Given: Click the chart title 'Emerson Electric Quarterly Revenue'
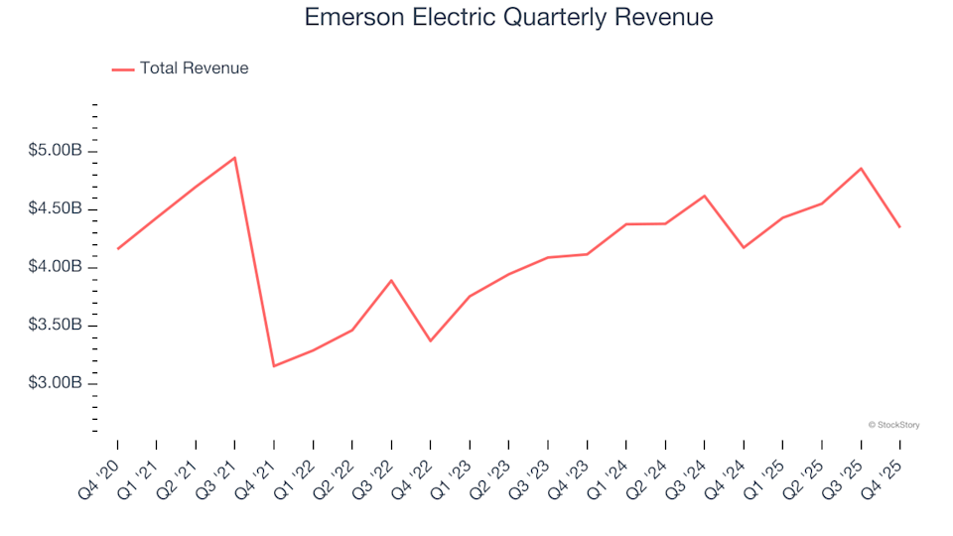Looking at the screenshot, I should tap(508, 18).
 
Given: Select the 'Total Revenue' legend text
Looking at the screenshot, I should tap(194, 68).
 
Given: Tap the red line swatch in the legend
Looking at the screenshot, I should tap(123, 69).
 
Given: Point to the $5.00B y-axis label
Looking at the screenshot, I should tap(55, 151).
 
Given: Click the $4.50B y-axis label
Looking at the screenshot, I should tap(55, 209).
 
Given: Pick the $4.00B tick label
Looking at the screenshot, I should tap(55, 267).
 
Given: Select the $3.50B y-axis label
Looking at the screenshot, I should tap(55, 326).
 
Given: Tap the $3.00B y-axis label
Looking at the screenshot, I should tap(55, 383).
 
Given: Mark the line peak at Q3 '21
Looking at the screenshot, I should tap(234, 158).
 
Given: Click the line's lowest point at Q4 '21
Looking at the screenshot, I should tap(274, 366).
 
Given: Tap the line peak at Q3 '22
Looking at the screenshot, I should tap(391, 280).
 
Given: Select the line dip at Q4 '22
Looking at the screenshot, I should tap(430, 340).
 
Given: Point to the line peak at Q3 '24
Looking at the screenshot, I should tap(704, 196).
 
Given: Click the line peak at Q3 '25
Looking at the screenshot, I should tap(861, 169).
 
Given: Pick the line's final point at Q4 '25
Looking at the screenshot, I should tap(899, 227).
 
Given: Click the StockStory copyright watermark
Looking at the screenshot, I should tap(893, 425).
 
